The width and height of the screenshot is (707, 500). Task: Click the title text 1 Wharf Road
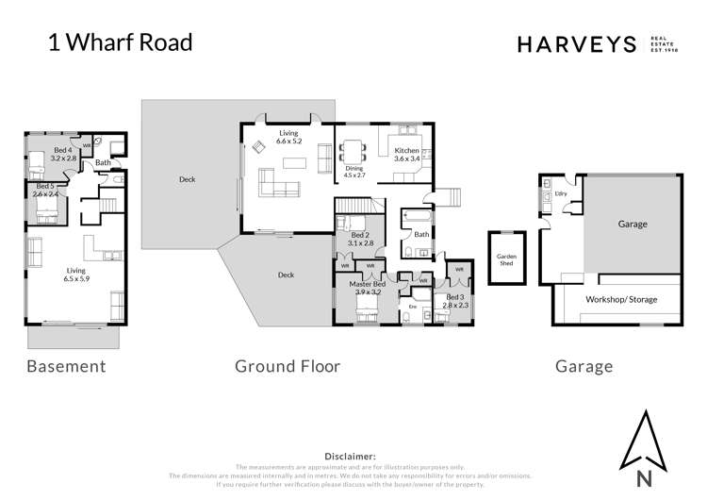tap(120, 42)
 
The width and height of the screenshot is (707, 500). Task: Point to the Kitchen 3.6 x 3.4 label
tap(406, 155)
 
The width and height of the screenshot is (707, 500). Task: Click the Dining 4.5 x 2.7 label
tap(353, 172)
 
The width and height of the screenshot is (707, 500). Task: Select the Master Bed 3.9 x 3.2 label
tap(367, 289)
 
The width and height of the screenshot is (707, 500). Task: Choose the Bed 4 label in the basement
tap(62, 156)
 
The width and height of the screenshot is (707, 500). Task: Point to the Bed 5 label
tap(46, 191)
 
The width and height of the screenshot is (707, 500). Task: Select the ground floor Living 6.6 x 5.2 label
tap(289, 138)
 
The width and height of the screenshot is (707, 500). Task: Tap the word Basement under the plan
tap(66, 366)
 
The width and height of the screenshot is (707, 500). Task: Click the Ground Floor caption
tap(287, 366)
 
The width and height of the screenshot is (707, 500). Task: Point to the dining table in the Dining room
tap(353, 151)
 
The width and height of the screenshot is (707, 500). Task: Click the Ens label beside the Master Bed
tap(412, 307)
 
